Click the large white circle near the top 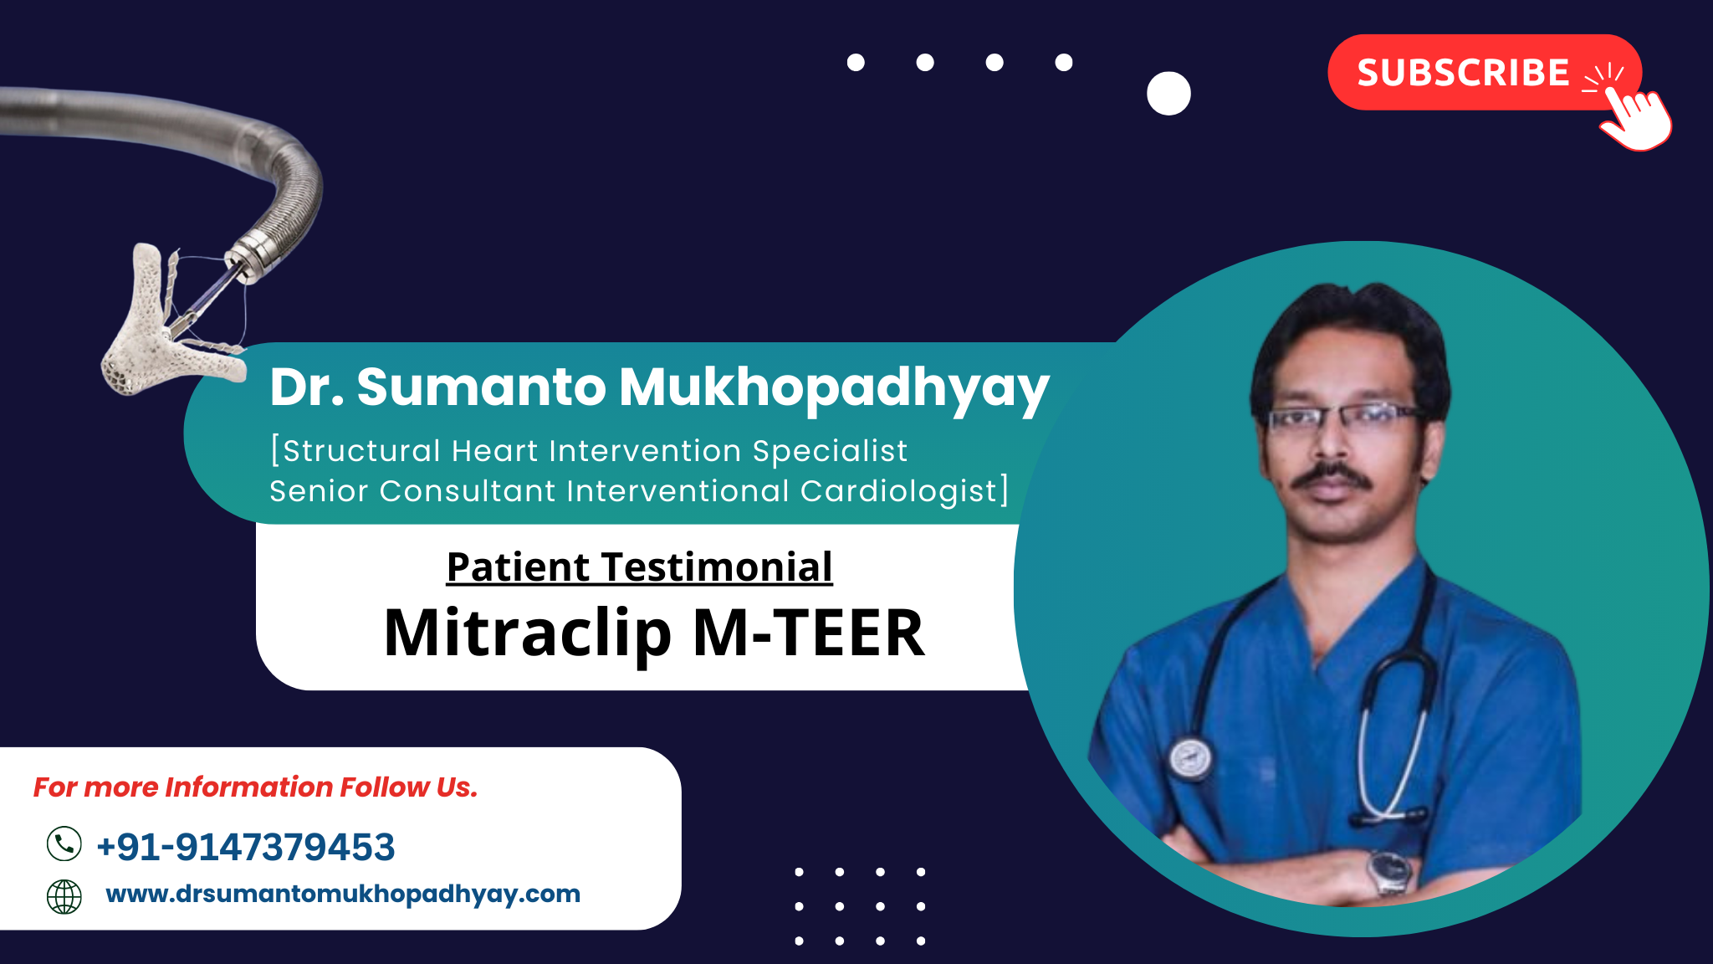[x=1168, y=93]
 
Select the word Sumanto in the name [x=481, y=387]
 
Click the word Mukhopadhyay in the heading [x=834, y=390]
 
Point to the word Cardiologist [x=899, y=491]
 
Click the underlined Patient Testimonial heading [x=640, y=567]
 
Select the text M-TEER [x=810, y=633]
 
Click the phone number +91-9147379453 [x=246, y=847]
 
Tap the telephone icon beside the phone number [x=64, y=843]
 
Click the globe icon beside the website [x=64, y=897]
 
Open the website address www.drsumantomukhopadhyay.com [x=343, y=894]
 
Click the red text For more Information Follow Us [x=255, y=787]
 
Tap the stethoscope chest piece [x=1190, y=757]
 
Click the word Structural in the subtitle [x=361, y=451]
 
